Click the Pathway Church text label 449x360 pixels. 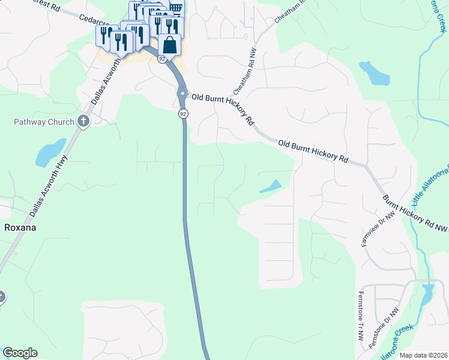tap(44, 122)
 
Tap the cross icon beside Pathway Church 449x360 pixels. tap(83, 122)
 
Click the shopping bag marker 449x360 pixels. tap(170, 45)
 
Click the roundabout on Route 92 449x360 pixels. tap(182, 94)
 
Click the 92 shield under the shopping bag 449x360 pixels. tap(162, 59)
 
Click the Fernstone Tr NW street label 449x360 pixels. tap(361, 314)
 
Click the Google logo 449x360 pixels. tap(20, 353)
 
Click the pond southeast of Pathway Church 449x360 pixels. tap(50, 152)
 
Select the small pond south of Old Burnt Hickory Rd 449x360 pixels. tap(271, 187)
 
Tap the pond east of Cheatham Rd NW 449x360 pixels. tap(375, 73)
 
